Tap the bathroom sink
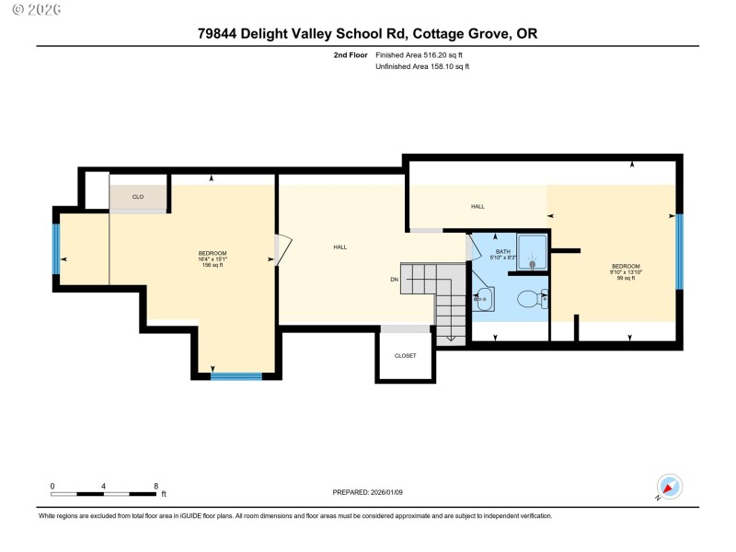tap(484, 298)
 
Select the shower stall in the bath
tap(532, 251)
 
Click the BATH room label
tap(502, 251)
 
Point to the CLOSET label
tap(405, 355)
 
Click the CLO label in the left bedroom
tap(138, 196)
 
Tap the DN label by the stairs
tap(394, 280)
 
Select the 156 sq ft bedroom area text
tap(213, 265)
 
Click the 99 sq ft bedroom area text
tap(626, 278)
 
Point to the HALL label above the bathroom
tap(477, 206)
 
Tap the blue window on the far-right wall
tap(679, 251)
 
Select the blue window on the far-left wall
tap(56, 249)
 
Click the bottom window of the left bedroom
tap(236, 375)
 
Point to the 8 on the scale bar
tap(155, 485)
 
